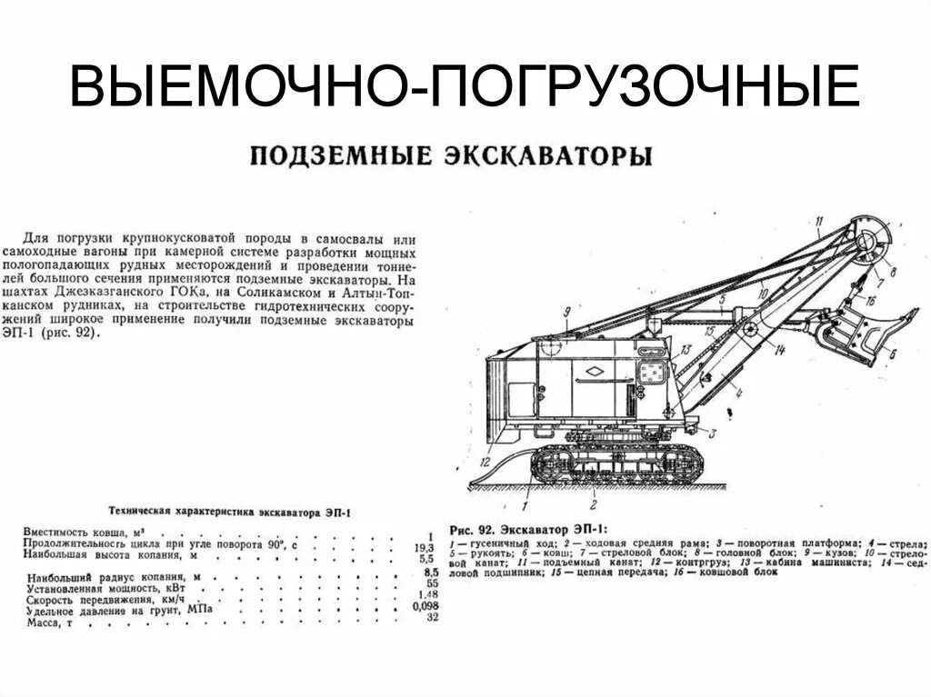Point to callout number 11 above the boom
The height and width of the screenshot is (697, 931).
(x=818, y=221)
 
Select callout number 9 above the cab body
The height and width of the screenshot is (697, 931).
(x=566, y=313)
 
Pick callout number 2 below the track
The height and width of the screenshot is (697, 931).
(x=592, y=503)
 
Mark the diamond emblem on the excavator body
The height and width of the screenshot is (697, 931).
(x=592, y=370)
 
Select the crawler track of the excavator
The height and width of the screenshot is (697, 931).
(x=616, y=464)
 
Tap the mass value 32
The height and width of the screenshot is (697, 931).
(x=432, y=618)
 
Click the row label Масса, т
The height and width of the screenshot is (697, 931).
(x=51, y=622)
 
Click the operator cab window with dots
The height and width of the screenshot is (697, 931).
(x=651, y=371)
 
